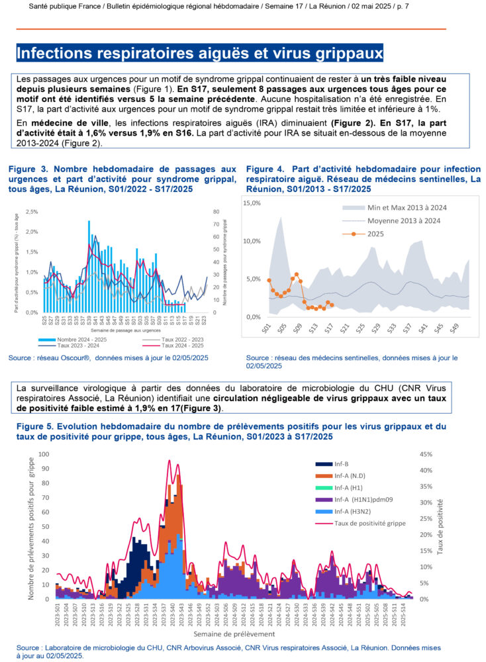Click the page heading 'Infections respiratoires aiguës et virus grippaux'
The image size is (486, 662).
pos(199,52)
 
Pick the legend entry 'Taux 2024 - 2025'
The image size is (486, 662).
pos(171,345)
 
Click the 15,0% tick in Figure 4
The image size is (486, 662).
pos(252,203)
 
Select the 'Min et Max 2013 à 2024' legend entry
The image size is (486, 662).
pos(407,207)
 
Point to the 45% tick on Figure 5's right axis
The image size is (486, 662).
pos(425,454)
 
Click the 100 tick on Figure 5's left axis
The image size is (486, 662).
pos(44,454)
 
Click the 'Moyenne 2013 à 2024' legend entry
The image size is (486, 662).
pos(404,220)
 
